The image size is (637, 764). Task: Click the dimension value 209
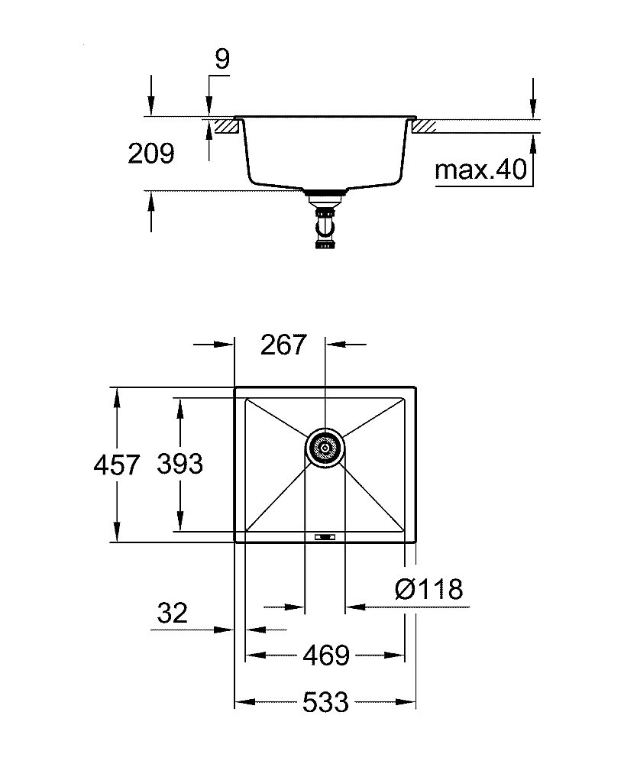151,154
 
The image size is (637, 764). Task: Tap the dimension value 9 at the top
221,59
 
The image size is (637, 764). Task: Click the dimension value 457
116,465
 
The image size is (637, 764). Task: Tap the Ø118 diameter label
430,589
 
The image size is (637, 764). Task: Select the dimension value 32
173,613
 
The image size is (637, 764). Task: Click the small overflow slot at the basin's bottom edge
325,537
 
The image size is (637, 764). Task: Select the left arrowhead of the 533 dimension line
240,701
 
